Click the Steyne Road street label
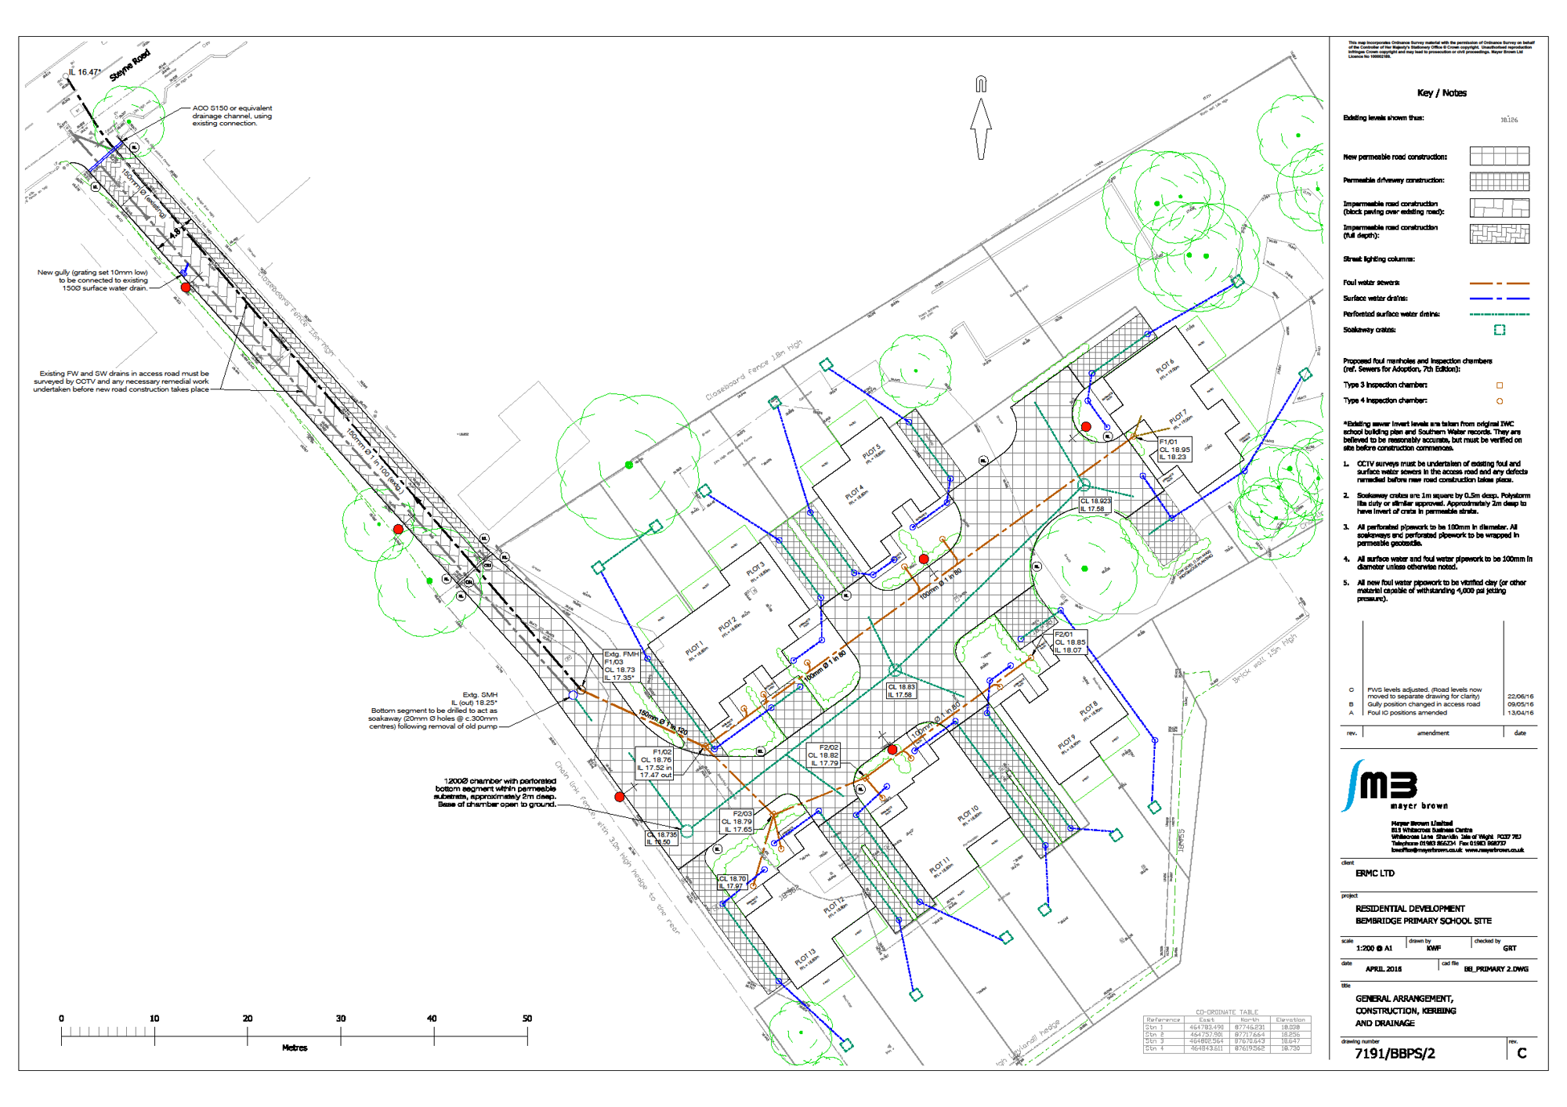[x=129, y=66]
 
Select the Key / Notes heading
[x=1442, y=93]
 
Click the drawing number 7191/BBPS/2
[x=1395, y=1054]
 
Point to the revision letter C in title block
[x=1522, y=1054]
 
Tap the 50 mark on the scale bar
[x=527, y=1018]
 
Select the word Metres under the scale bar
[x=295, y=1048]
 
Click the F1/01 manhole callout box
[x=1174, y=450]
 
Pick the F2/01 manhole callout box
[x=1069, y=642]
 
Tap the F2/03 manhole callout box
[x=736, y=822]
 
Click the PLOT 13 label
[x=805, y=957]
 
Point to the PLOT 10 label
[x=968, y=814]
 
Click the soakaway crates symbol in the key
[x=1499, y=330]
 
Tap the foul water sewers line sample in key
[x=1499, y=283]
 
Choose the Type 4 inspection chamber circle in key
[x=1500, y=401]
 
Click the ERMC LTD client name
[x=1375, y=874]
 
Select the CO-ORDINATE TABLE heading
[x=1226, y=1012]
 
